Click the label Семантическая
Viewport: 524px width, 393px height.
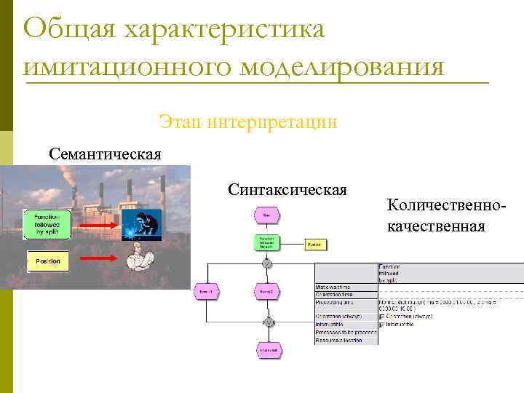click(x=105, y=154)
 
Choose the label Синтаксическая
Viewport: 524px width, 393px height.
click(x=287, y=190)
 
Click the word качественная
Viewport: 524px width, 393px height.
click(x=436, y=226)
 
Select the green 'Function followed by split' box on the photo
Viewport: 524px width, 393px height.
click(x=47, y=226)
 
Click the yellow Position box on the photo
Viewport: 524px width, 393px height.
click(x=48, y=261)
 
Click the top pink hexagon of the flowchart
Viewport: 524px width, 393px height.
click(x=266, y=215)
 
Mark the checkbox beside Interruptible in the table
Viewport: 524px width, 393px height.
click(x=381, y=324)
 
